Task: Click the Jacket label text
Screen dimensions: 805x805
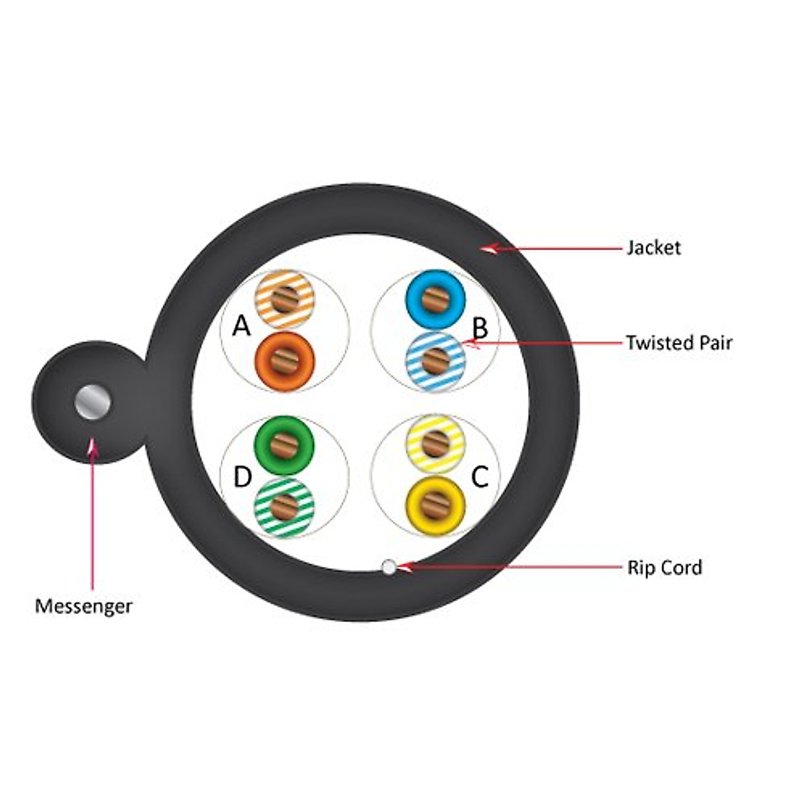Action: [653, 248]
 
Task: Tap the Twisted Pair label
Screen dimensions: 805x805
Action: [678, 343]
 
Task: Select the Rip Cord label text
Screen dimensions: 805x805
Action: [664, 568]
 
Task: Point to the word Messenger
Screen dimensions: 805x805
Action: [84, 606]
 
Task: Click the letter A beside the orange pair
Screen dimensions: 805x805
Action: [241, 327]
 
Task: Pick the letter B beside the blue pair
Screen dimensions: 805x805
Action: [480, 329]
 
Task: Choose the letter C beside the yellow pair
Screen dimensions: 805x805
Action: [480, 477]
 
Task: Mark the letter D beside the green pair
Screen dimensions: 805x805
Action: [242, 478]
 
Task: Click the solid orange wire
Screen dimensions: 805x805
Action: [285, 362]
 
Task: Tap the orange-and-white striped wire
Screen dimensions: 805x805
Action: [285, 299]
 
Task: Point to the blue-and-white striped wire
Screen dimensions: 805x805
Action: [435, 362]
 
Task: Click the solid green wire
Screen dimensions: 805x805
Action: [285, 445]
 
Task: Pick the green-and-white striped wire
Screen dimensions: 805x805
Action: [285, 507]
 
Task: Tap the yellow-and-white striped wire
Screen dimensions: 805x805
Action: [435, 443]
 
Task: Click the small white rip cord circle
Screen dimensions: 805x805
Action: [388, 567]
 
